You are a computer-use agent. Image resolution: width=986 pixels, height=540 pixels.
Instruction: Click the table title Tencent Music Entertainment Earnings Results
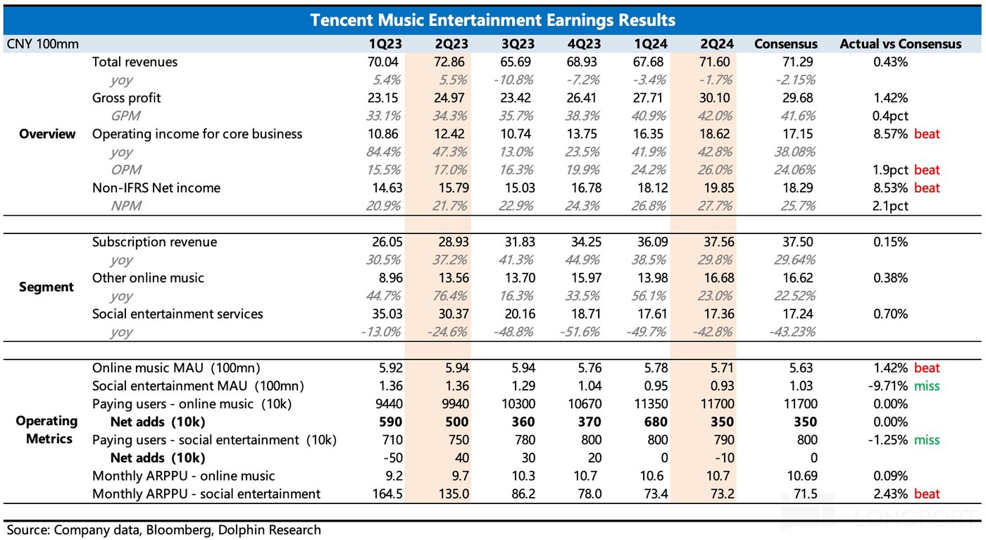point(492,20)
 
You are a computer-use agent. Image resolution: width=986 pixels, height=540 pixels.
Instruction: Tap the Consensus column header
point(785,44)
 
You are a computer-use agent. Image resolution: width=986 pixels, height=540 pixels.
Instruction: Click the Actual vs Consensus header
point(900,44)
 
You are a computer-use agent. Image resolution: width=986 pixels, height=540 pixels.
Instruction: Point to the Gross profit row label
point(127,98)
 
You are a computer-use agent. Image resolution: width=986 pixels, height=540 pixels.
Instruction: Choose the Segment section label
point(47,287)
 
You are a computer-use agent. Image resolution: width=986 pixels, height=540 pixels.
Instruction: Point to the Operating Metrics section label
point(47,430)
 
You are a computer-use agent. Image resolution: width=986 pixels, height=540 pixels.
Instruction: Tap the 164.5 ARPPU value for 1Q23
point(386,493)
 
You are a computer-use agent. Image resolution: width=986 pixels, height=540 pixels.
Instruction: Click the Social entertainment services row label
point(177,314)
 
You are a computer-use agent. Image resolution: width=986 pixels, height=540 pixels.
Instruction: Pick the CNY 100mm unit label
point(42,44)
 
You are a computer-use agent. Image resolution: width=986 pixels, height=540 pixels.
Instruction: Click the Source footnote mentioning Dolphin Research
point(163,529)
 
